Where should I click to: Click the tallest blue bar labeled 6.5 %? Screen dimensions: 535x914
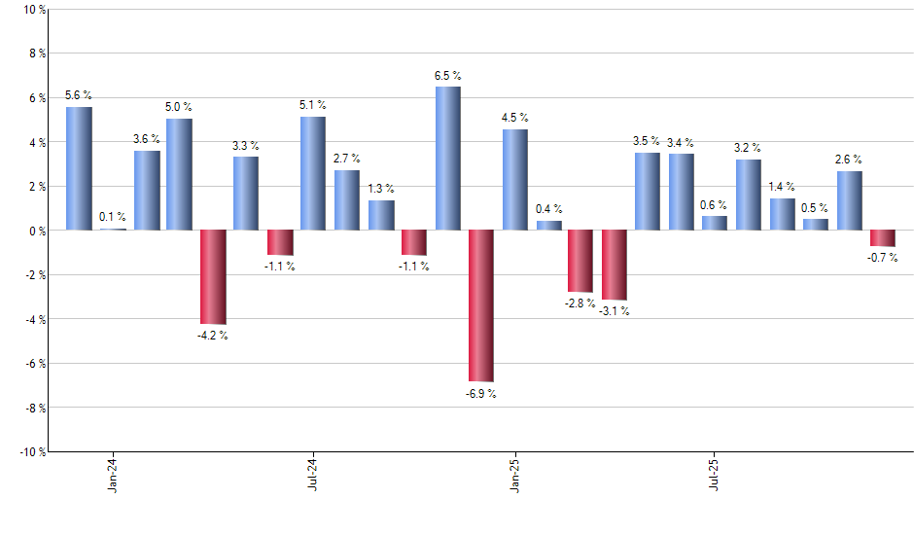(x=447, y=159)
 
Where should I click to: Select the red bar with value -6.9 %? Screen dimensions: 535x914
(x=481, y=305)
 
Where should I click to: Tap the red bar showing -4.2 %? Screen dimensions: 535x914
(x=213, y=276)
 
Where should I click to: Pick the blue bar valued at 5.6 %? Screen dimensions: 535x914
(x=79, y=168)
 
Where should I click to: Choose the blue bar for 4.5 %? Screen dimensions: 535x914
(x=515, y=180)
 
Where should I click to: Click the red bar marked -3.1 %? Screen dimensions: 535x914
(x=615, y=265)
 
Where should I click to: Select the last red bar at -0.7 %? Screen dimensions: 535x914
(x=883, y=238)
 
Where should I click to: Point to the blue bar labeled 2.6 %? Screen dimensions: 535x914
(x=849, y=200)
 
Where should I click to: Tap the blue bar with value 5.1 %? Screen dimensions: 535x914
(x=313, y=173)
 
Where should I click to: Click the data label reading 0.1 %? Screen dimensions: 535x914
(x=112, y=217)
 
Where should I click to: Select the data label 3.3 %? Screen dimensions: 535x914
(x=246, y=146)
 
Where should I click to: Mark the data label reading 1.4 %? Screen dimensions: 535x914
(x=783, y=186)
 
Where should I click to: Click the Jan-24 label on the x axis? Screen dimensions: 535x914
(x=113, y=474)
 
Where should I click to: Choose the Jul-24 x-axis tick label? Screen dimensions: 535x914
(x=313, y=474)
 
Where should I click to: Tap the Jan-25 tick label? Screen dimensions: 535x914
(x=514, y=474)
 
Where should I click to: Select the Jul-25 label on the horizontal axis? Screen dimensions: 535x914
(x=716, y=474)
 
